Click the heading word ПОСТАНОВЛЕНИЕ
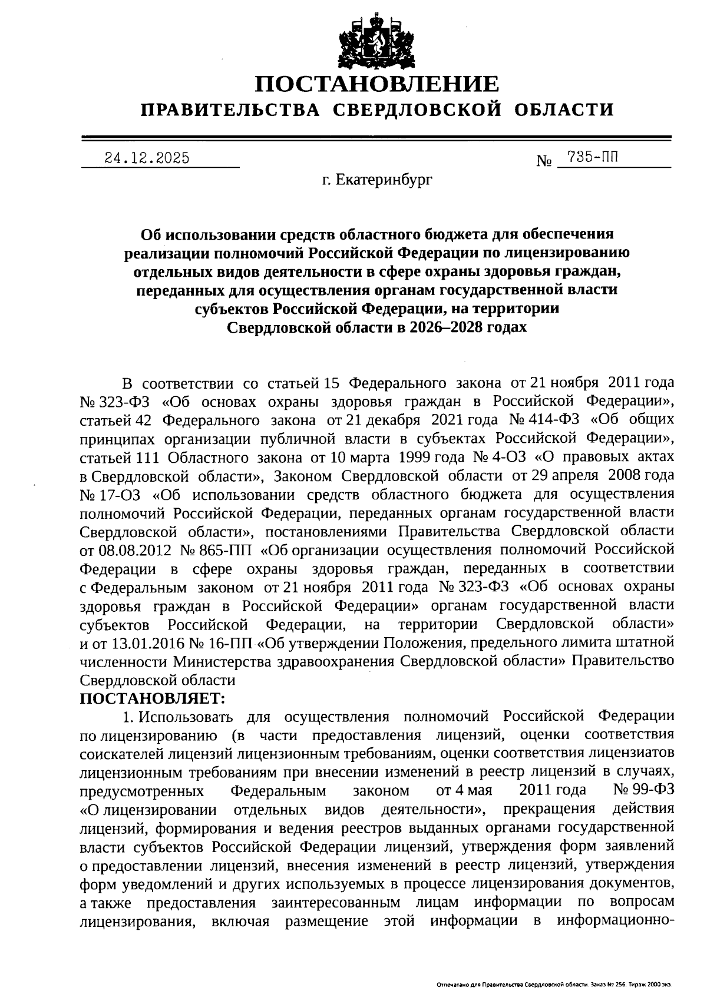(376, 84)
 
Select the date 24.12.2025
(147, 158)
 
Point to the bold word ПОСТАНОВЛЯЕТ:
(153, 698)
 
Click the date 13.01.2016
(134, 642)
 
